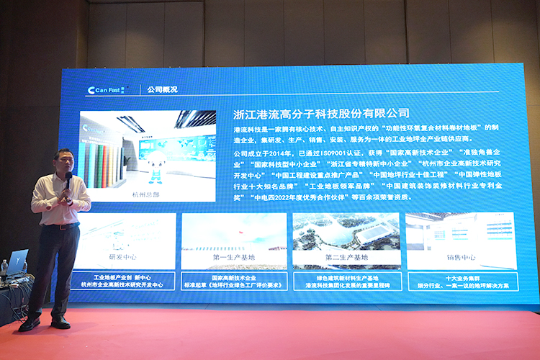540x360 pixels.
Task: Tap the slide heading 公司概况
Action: [x=162, y=90]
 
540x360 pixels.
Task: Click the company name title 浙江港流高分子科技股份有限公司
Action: [x=321, y=113]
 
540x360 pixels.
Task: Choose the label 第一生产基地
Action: [x=233, y=257]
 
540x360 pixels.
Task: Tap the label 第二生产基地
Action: [x=346, y=257]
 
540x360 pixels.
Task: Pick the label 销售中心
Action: [x=461, y=257]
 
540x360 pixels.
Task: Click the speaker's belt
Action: [x=63, y=226]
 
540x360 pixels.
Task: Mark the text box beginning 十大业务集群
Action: [x=461, y=281]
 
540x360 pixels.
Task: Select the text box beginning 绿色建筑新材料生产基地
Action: [x=346, y=281]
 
